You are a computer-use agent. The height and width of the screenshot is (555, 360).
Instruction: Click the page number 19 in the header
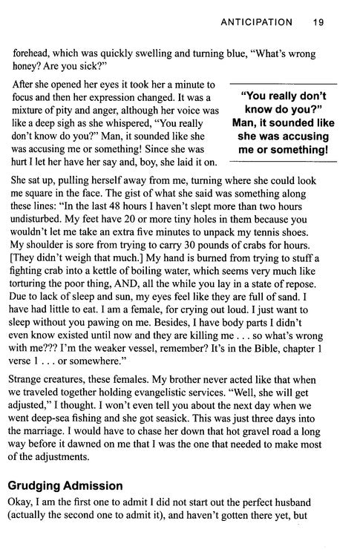(x=318, y=22)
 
